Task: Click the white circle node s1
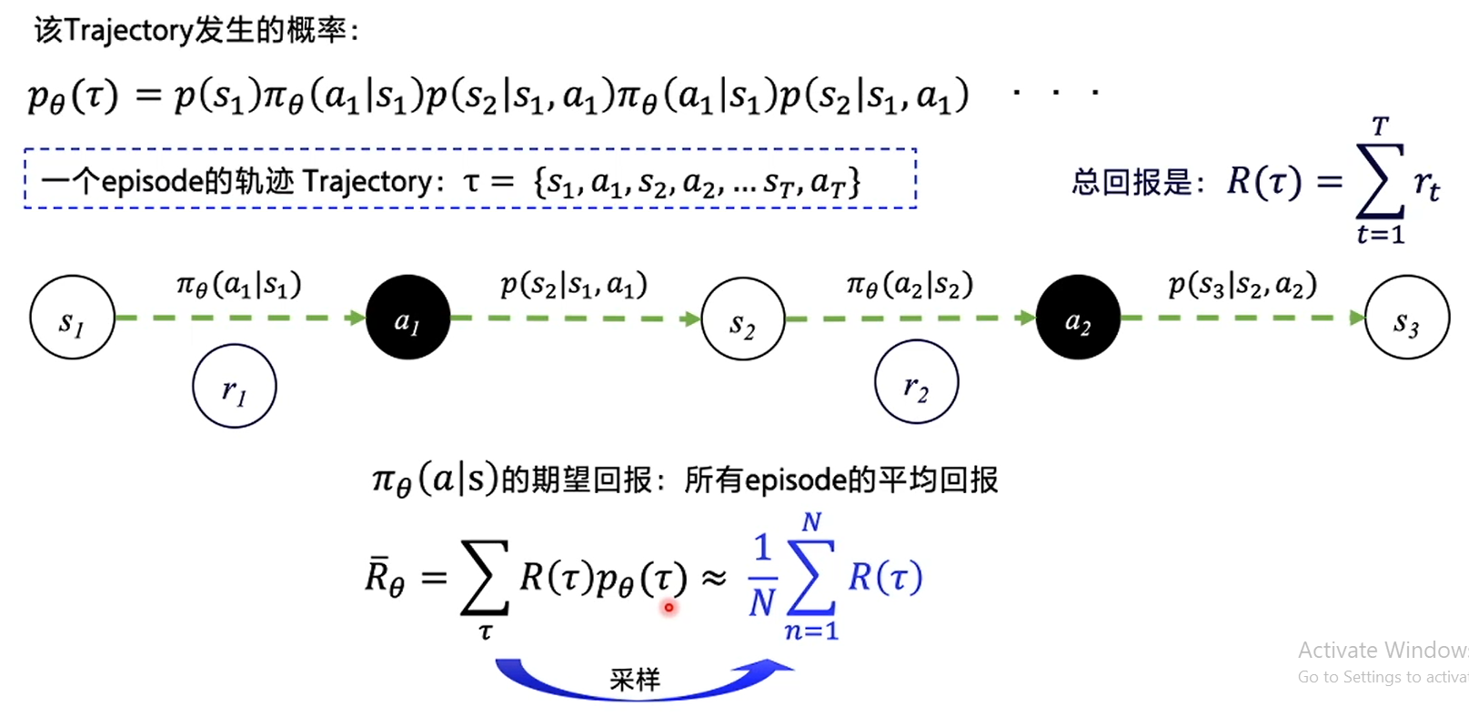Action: [x=72, y=318]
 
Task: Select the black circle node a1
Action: [x=407, y=318]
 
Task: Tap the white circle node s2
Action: [x=742, y=319]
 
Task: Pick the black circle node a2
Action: [x=1078, y=318]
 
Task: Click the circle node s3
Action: [x=1406, y=318]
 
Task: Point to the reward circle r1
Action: [x=234, y=387]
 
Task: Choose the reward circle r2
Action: [x=916, y=382]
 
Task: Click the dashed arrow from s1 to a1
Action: [x=240, y=318]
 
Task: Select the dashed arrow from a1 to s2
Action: [x=575, y=318]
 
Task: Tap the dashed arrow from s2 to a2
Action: [x=910, y=318]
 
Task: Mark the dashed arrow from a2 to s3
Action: [x=1243, y=318]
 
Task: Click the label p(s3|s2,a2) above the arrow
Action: [x=1243, y=285]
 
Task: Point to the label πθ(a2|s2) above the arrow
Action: [x=910, y=285]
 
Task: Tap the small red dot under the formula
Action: [x=669, y=607]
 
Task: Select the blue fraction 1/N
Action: [x=762, y=575]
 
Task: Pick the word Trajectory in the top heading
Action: [x=128, y=31]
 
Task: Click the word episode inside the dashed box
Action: [x=152, y=181]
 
